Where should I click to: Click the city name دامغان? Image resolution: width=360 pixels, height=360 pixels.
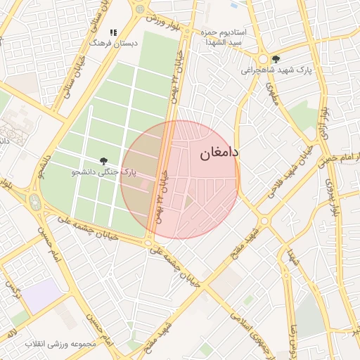(x=219, y=152)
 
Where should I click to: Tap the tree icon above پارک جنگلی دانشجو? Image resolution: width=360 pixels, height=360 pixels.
(x=104, y=161)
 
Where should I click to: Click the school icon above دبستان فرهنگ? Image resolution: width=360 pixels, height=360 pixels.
(x=113, y=32)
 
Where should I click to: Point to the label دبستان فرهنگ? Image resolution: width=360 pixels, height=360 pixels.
(x=112, y=43)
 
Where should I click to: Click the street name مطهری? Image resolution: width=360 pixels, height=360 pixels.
(x=271, y=95)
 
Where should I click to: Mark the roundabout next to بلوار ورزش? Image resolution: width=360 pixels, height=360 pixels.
(x=141, y=10)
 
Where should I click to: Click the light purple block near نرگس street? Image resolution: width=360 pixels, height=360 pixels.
(x=41, y=292)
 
